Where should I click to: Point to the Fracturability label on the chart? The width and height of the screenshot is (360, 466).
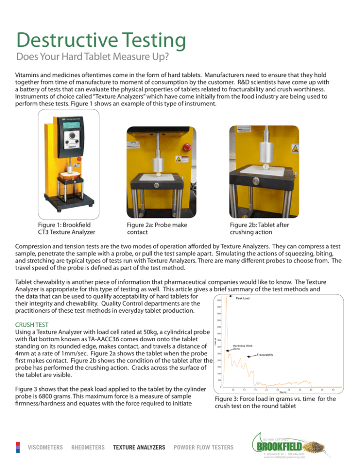pyautogui.click(x=268, y=356)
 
